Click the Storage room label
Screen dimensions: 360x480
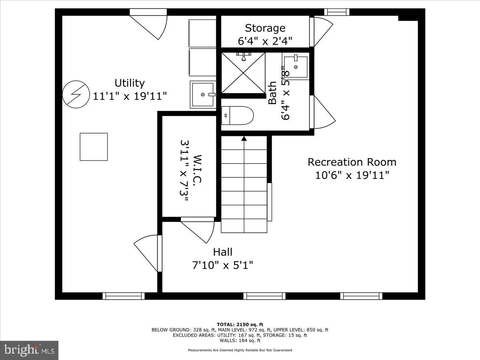click(265, 28)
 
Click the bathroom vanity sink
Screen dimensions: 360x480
click(296, 67)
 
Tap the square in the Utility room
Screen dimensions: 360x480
click(94, 147)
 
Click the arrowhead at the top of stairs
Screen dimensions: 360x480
click(244, 138)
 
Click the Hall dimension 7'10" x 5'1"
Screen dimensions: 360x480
click(222, 265)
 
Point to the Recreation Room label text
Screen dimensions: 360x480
click(352, 162)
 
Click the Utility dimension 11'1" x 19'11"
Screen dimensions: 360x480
click(130, 96)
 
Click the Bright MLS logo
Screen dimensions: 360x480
click(29, 350)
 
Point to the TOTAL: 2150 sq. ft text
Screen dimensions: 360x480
click(240, 324)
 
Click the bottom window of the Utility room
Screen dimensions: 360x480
click(123, 296)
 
